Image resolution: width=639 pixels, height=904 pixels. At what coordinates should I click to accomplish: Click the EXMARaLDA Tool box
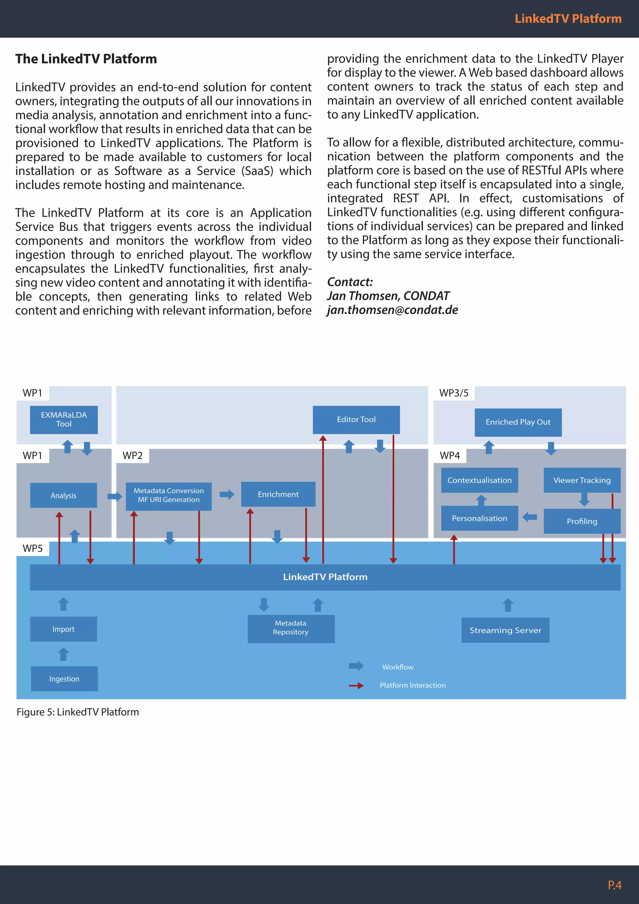click(64, 420)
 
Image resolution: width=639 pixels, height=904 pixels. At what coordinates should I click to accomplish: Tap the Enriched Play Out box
click(518, 422)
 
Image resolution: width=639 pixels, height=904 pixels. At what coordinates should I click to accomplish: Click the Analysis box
click(63, 495)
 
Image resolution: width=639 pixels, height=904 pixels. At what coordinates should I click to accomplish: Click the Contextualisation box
click(479, 480)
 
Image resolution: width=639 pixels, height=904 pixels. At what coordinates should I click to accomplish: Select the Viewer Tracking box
click(582, 480)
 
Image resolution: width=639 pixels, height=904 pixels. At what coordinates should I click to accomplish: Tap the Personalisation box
click(479, 518)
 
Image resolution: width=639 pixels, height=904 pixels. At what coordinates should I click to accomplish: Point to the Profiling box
click(582, 521)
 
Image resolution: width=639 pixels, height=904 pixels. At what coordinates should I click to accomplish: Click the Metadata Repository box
click(291, 628)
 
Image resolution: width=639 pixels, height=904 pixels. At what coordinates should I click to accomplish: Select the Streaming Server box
click(505, 630)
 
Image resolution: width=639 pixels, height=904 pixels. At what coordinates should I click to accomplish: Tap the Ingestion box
click(64, 679)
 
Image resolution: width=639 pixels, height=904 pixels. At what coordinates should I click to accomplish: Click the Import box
click(63, 629)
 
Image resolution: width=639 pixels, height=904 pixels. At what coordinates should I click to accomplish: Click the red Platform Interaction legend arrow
click(356, 685)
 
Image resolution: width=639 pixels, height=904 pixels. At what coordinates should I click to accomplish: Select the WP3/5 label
click(454, 393)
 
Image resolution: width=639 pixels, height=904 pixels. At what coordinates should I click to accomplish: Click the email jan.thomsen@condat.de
click(392, 310)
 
